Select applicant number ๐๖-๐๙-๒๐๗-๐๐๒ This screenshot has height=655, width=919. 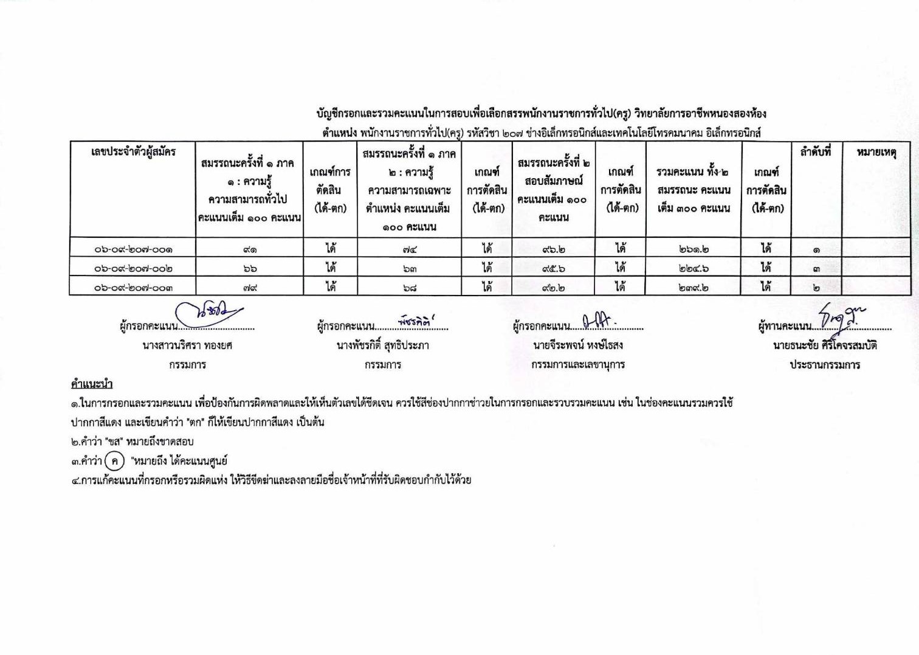click(133, 268)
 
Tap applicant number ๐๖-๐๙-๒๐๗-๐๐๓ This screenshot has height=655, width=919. click(133, 288)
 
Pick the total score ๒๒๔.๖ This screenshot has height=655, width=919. click(694, 268)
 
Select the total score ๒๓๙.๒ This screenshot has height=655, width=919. click(694, 288)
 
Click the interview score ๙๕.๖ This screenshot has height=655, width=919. click(553, 268)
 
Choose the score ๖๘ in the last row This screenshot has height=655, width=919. click(410, 288)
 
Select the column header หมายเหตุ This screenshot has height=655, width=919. click(876, 152)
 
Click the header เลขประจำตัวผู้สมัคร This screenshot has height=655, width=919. click(133, 151)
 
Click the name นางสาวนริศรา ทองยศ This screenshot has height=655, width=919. click(187, 345)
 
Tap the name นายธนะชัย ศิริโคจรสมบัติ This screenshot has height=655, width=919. click(825, 345)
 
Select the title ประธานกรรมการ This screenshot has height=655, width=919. click(825, 365)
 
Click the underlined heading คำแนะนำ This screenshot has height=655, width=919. click(91, 384)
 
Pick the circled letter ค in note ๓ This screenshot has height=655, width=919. click(114, 461)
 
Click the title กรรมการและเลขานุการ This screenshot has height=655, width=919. click(577, 365)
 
